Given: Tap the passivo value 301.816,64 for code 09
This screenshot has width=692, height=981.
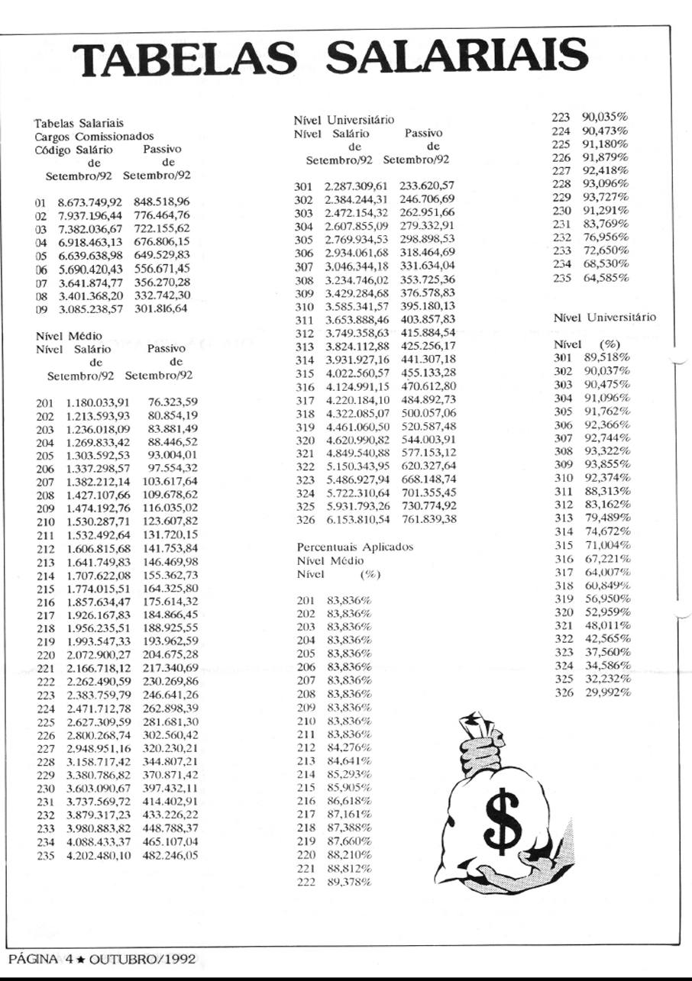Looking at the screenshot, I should [167, 311].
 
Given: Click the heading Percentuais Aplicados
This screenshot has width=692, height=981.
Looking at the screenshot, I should [354, 547].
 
